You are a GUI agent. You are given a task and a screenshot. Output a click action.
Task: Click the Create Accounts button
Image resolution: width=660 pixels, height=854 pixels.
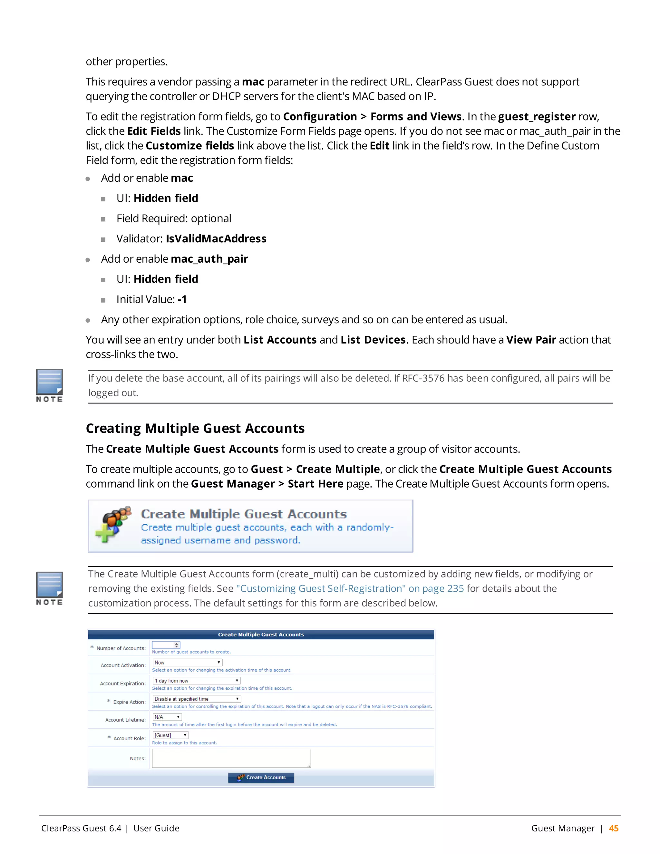(x=261, y=777)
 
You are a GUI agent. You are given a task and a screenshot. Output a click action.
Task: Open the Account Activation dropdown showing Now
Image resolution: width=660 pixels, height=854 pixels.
(x=187, y=662)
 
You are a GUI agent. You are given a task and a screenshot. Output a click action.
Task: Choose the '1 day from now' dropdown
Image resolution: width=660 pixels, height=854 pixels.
(x=196, y=681)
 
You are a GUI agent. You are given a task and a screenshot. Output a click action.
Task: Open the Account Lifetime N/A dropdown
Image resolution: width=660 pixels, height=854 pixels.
(x=167, y=717)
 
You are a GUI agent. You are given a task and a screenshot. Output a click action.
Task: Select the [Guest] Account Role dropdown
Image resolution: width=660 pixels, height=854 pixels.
(x=170, y=735)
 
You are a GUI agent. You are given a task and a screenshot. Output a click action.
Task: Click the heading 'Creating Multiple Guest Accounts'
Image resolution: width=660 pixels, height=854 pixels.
(x=195, y=428)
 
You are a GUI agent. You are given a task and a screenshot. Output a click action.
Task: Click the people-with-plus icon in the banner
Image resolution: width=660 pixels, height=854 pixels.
(x=112, y=524)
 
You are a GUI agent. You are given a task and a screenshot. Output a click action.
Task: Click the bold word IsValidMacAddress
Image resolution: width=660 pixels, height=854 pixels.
(x=216, y=238)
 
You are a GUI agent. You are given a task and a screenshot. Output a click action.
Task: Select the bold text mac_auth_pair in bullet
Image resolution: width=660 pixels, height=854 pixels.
(x=209, y=259)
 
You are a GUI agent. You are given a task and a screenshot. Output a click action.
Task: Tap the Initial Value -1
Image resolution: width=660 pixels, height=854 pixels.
(x=182, y=299)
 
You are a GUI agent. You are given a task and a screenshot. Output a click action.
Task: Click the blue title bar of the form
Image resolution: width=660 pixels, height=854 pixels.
(x=261, y=634)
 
